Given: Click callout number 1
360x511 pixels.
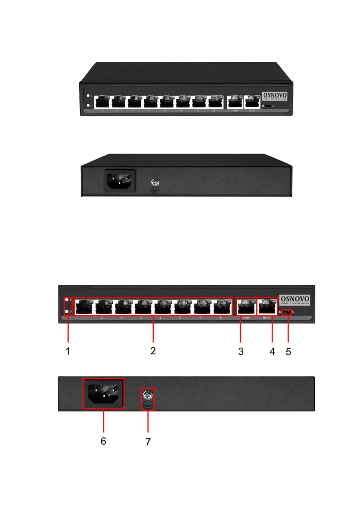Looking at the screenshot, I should [67, 351].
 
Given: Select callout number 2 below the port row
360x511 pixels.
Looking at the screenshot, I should [153, 351].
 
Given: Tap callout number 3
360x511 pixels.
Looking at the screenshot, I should [241, 351].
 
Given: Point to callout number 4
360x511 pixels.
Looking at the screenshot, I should [272, 351].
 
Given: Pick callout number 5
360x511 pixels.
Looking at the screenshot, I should [288, 351].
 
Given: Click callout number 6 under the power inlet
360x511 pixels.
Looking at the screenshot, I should [103, 441].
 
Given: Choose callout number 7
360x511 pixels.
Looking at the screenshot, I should [148, 441].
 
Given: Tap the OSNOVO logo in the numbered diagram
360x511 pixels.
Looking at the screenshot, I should [294, 299].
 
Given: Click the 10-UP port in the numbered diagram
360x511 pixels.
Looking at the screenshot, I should [268, 306].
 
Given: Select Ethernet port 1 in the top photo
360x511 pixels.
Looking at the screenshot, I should [102, 102].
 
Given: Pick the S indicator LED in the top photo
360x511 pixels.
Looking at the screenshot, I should [88, 97].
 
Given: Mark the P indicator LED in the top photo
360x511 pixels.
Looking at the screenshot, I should [88, 106].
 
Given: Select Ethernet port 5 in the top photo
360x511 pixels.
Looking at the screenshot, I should [166, 102].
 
